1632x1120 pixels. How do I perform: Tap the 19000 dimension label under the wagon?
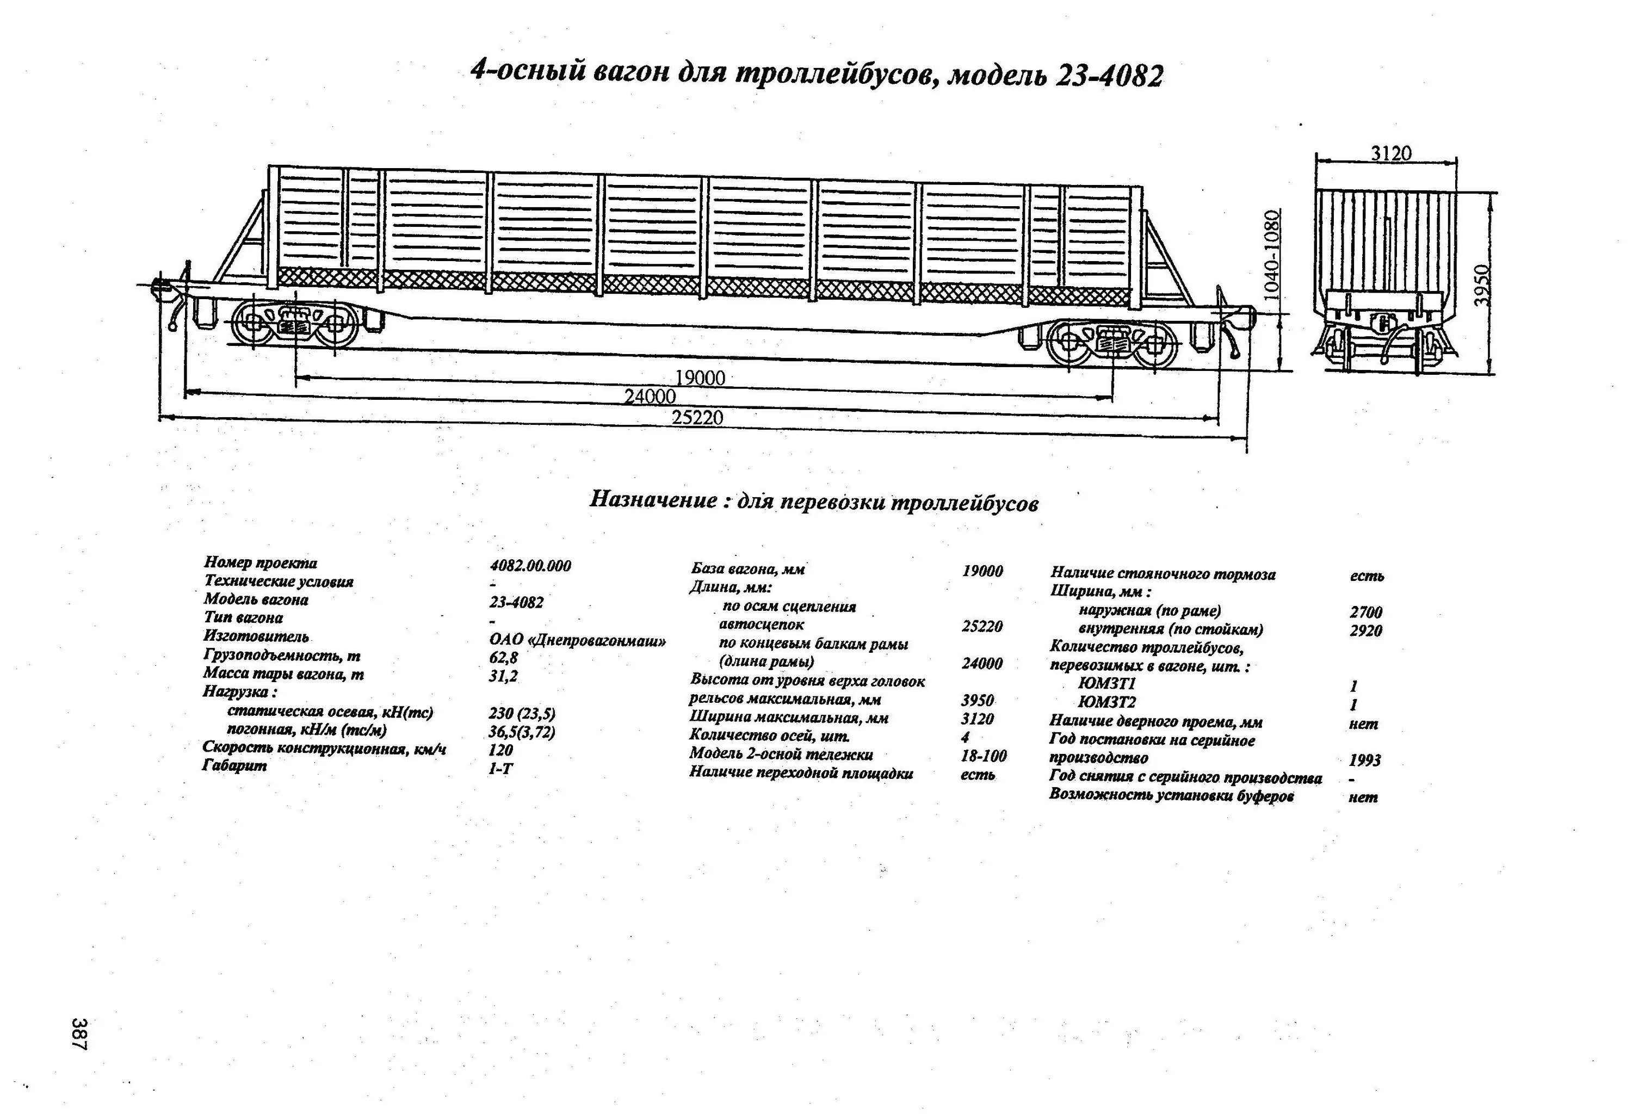coord(700,379)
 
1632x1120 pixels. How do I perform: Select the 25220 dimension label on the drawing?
coord(697,418)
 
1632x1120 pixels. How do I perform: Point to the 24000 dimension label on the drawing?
coord(650,397)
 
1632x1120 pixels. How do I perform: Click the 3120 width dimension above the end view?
coord(1390,153)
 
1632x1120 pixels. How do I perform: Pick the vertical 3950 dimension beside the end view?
coord(1482,284)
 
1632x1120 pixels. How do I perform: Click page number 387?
coord(79,1033)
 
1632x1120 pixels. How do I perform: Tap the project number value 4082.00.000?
coord(530,566)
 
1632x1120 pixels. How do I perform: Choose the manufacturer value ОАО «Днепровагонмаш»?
coord(577,640)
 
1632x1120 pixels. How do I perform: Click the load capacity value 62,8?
coord(504,659)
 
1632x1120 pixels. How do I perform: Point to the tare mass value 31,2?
coord(504,676)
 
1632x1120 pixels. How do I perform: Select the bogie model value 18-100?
coord(983,756)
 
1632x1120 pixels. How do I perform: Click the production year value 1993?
coord(1364,760)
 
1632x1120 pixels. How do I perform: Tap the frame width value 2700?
coord(1365,612)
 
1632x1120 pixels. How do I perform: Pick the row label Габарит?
coord(234,766)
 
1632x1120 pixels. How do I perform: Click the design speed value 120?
coord(500,750)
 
